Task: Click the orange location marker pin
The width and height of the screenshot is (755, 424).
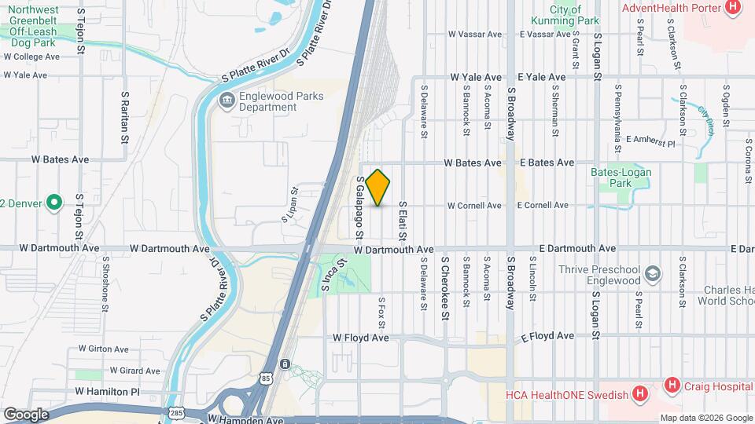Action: pos(378,187)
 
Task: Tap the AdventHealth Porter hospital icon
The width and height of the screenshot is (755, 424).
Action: pos(733,8)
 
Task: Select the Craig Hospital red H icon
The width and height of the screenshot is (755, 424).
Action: pos(672,385)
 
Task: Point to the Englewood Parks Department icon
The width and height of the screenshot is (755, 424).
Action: pos(226,100)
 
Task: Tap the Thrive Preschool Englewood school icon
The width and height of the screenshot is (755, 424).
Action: pos(651,274)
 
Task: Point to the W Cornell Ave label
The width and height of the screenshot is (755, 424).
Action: pos(474,206)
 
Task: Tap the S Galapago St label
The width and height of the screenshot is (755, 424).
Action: pos(359,207)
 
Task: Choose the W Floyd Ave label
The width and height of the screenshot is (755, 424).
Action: pos(361,338)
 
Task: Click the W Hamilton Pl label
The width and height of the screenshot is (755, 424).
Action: pos(107,391)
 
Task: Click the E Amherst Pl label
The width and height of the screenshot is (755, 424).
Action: pos(650,144)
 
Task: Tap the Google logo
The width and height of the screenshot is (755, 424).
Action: pos(26,414)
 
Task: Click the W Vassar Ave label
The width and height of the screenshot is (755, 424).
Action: pos(475,35)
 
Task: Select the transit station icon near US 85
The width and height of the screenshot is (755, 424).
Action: pos(285,364)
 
